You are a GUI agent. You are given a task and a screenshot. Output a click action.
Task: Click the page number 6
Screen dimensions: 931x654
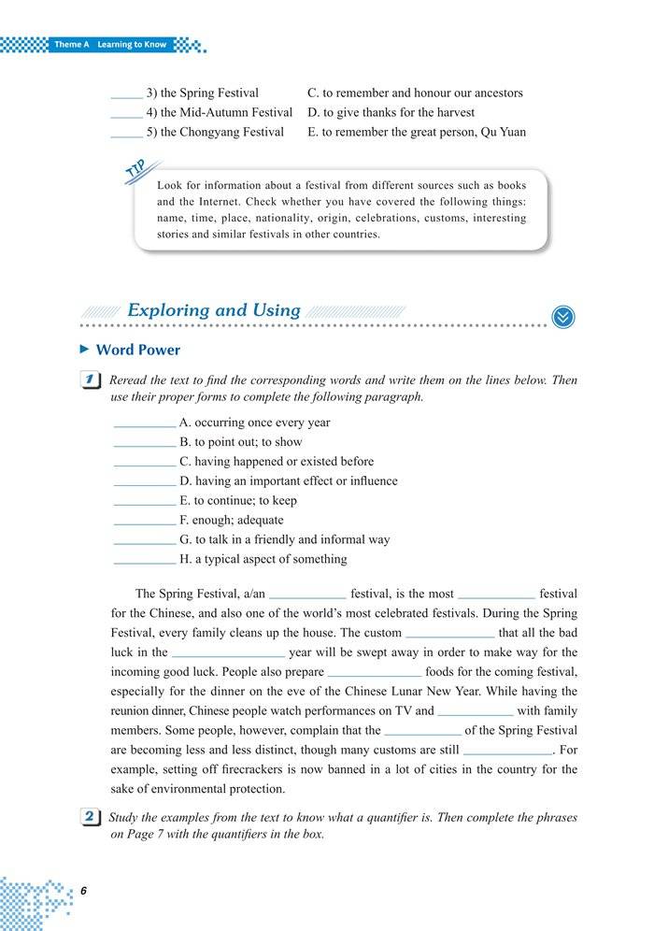(x=83, y=890)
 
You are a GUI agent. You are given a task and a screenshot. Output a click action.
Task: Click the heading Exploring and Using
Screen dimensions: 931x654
(x=213, y=310)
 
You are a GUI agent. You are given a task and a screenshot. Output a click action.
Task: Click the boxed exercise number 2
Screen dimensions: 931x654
(x=92, y=818)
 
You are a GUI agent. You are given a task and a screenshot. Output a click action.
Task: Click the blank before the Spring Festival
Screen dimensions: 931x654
(x=126, y=95)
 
